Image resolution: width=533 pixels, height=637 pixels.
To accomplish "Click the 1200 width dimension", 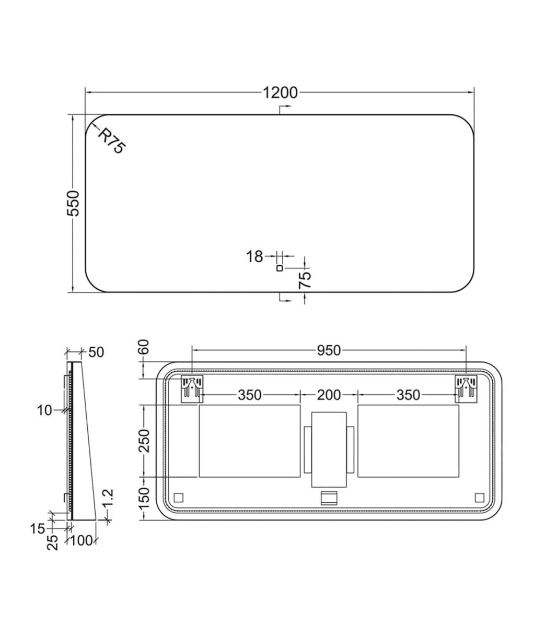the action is coord(280,93).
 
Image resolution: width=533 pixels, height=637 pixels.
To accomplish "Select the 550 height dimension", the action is coord(73,203).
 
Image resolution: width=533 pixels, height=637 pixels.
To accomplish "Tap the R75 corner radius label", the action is coord(112,140).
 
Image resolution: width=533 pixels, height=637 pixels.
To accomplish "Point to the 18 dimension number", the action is coord(254,256).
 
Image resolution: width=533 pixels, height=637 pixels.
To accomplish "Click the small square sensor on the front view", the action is coord(280,268).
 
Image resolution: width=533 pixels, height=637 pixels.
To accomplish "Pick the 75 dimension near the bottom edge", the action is coord(305,280).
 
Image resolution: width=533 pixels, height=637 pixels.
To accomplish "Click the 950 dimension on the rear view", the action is coord(329,350).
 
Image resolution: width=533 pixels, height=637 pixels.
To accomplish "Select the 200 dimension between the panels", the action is coord(329,395).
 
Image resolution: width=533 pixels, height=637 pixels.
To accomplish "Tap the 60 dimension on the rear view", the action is coord(144,347).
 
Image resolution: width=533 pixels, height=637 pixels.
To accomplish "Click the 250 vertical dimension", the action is coord(144,441).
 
